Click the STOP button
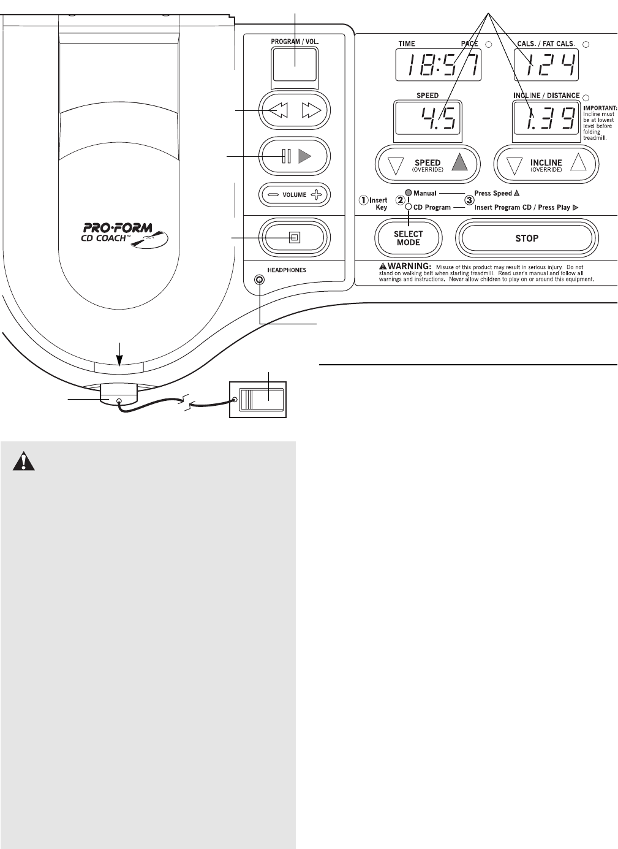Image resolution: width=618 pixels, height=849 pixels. (527, 238)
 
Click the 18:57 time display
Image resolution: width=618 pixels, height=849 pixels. (438, 64)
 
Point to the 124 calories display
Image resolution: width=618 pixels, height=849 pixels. (546, 64)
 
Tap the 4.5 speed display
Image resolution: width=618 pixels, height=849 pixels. (428, 118)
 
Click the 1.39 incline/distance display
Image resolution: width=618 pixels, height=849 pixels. (546, 118)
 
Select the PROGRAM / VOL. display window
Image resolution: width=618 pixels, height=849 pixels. (295, 65)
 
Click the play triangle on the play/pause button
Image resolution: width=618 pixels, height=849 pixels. (305, 156)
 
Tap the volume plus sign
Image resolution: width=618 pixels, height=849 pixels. (316, 195)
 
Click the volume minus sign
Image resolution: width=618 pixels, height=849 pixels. (273, 195)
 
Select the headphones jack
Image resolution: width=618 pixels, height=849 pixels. (260, 280)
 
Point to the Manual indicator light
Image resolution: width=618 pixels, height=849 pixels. (409, 193)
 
